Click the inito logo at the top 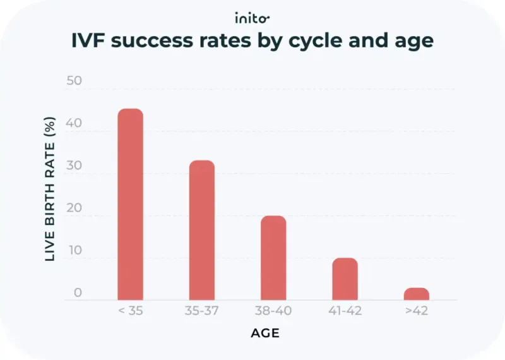coord(252,17)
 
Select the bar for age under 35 coord(130,205)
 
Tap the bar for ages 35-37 coord(202,231)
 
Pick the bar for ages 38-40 coord(273,258)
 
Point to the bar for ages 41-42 coord(345,279)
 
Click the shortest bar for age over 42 coord(417,294)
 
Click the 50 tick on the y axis coord(74,81)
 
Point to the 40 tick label coord(74,124)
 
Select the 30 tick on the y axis coord(74,166)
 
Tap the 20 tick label coord(74,208)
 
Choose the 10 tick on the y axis coord(75,251)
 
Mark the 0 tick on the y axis coord(77,292)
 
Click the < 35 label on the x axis coord(130,311)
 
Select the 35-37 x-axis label coord(202,311)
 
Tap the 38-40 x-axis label coord(273,311)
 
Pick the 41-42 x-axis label coord(345,311)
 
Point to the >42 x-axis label coord(417,311)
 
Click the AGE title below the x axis coord(265,333)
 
